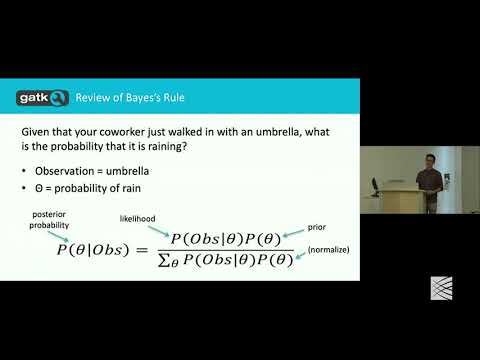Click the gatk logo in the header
tap(43, 97)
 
